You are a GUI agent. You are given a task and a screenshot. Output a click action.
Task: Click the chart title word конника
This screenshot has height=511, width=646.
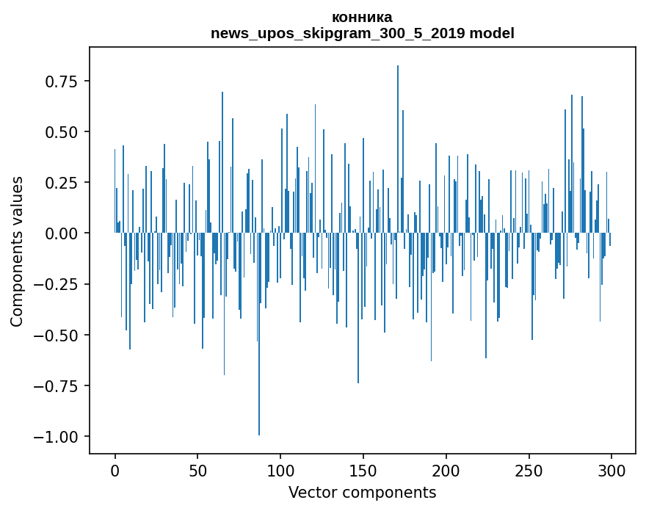tap(362, 18)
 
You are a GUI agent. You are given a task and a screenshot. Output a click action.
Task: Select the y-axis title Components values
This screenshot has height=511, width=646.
tap(17, 250)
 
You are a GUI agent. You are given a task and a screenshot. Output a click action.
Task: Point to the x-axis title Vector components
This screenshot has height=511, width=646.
tap(362, 493)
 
